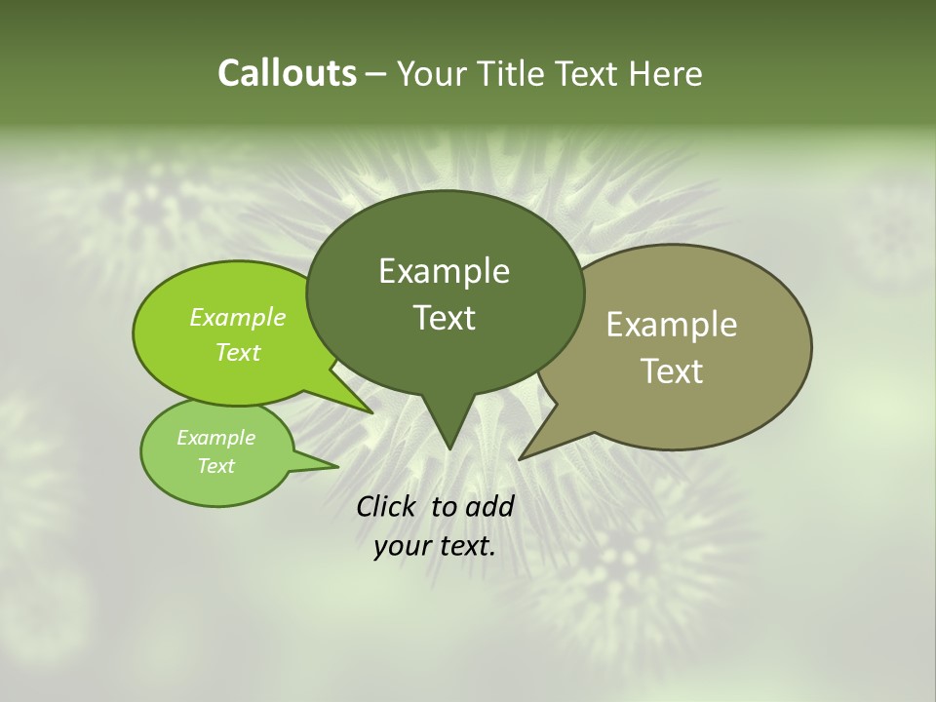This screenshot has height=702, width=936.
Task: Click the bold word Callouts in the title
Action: click(x=287, y=73)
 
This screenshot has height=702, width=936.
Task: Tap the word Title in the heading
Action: click(x=516, y=73)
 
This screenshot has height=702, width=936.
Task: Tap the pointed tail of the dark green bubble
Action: click(x=448, y=429)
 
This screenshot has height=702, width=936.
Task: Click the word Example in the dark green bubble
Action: click(x=445, y=271)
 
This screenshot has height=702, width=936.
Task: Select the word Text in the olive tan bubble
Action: click(x=672, y=370)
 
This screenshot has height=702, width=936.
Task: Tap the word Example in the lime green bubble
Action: click(x=238, y=318)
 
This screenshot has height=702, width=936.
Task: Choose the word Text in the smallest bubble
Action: click(x=216, y=466)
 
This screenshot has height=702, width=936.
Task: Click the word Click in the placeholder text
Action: click(x=387, y=507)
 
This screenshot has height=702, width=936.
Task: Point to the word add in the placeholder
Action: click(x=489, y=507)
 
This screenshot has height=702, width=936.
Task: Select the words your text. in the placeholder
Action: click(x=435, y=547)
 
